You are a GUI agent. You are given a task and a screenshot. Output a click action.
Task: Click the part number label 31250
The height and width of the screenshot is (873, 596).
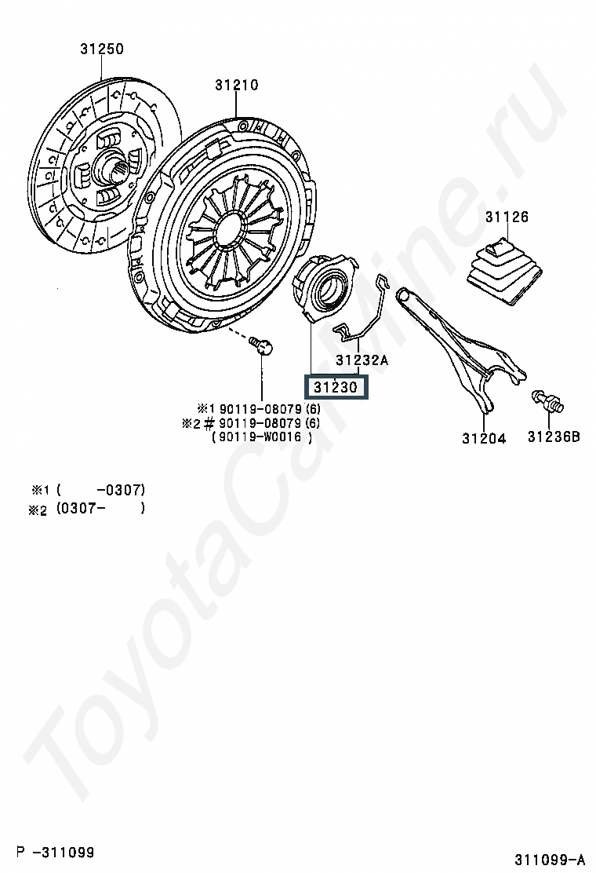click(x=102, y=49)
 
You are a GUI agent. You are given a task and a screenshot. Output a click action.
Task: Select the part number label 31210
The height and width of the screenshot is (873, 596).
click(x=237, y=86)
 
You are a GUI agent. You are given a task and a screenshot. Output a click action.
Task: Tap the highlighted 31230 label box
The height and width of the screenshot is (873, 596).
click(x=336, y=387)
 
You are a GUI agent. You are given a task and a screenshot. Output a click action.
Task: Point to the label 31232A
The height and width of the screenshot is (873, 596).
click(x=362, y=360)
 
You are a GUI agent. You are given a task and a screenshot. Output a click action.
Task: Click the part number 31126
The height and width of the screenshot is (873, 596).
click(x=507, y=217)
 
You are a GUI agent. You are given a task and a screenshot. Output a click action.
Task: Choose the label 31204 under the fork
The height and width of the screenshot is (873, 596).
click(x=485, y=439)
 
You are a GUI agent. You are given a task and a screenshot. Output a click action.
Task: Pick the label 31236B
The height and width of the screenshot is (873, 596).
click(x=554, y=437)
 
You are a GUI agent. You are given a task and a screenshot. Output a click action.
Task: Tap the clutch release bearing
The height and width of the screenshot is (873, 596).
click(x=323, y=288)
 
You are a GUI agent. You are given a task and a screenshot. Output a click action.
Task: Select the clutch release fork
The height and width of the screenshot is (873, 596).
click(x=460, y=348)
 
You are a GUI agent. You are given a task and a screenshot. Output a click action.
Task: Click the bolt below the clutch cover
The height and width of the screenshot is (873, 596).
click(x=261, y=345)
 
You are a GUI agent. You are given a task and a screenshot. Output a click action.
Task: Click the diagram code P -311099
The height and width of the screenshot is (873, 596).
click(x=55, y=852)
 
